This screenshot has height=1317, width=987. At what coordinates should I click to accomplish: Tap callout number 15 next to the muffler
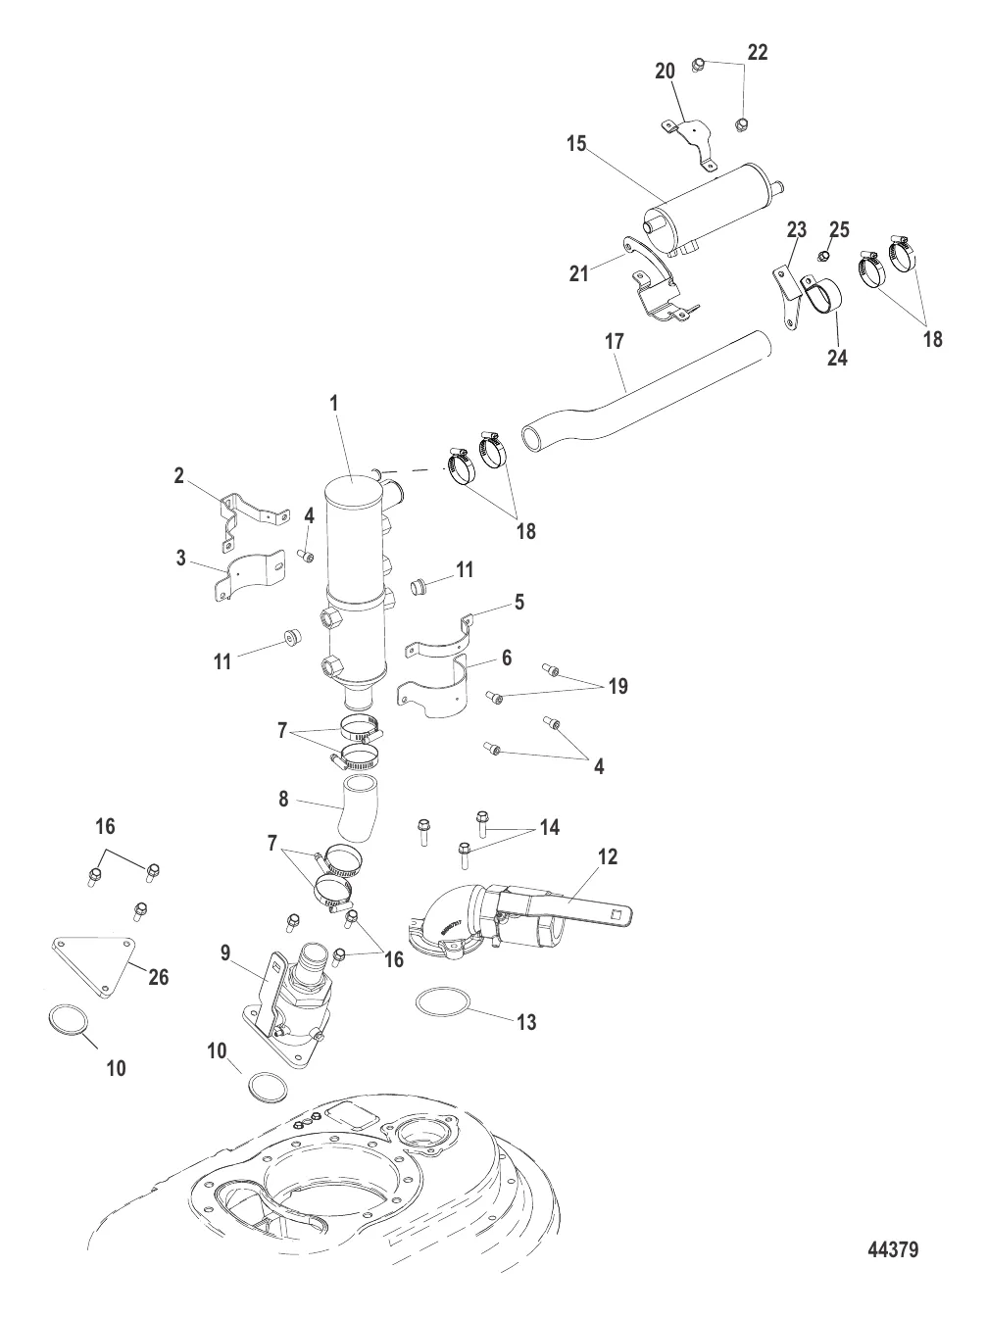click(x=576, y=145)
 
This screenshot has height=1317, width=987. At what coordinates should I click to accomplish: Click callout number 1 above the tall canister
click(x=333, y=403)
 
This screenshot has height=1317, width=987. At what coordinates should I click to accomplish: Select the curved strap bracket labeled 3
click(x=250, y=575)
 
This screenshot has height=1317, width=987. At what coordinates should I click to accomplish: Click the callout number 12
click(x=608, y=856)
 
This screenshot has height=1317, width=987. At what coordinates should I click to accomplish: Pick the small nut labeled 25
click(x=823, y=257)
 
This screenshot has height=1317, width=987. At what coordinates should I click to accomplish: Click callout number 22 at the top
click(x=758, y=52)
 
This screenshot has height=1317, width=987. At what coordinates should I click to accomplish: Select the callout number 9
click(x=225, y=952)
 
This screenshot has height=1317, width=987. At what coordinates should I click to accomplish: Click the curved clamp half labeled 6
click(x=432, y=686)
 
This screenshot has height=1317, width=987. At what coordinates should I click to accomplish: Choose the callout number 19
click(x=618, y=686)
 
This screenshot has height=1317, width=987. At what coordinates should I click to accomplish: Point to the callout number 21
click(x=579, y=273)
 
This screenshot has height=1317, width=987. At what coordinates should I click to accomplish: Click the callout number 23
click(x=796, y=229)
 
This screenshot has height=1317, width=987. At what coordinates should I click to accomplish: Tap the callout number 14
click(x=549, y=827)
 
